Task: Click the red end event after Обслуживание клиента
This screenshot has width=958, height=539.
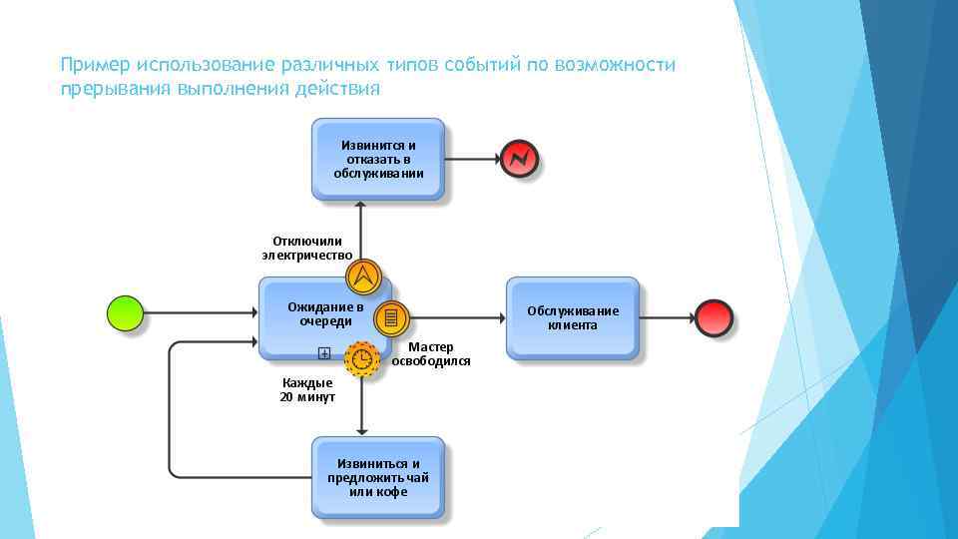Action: [714, 317]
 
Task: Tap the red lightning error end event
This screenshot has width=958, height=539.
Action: [519, 158]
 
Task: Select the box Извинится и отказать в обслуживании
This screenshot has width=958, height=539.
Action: [378, 160]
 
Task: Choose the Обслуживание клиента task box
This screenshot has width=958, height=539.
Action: [573, 318]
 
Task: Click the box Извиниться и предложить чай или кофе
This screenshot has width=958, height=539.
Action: [378, 478]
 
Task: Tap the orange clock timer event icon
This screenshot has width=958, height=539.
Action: [362, 358]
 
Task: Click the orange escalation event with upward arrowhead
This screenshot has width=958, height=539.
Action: [364, 276]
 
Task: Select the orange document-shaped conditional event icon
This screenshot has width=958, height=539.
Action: [391, 318]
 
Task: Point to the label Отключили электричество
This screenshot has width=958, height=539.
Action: [306, 248]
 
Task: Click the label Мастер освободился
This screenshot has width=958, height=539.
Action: [431, 354]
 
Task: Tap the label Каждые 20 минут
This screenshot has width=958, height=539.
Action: [307, 390]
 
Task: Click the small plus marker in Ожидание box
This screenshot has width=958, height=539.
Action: [324, 352]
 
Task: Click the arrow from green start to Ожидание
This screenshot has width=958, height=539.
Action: [200, 313]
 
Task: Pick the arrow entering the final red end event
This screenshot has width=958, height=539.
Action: [666, 317]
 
